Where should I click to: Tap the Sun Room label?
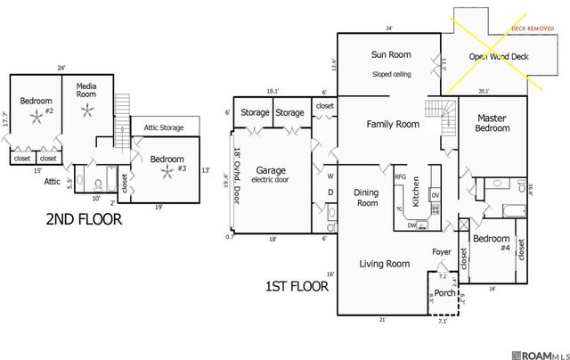coord(390,55)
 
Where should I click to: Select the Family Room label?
coord(393,124)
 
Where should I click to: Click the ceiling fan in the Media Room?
coord(87,110)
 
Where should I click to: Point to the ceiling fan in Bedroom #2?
coord(36,119)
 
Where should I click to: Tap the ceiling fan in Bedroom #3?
coord(167,173)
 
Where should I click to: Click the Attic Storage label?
coord(164,127)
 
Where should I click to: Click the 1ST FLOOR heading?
coord(297,287)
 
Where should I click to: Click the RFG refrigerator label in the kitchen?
coord(401,177)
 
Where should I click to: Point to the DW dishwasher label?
coord(411,225)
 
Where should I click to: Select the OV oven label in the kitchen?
coord(435,195)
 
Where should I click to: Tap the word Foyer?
coord(442,252)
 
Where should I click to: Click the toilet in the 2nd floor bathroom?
coord(96,185)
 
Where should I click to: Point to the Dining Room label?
coord(366,197)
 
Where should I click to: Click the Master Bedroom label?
coord(493,123)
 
